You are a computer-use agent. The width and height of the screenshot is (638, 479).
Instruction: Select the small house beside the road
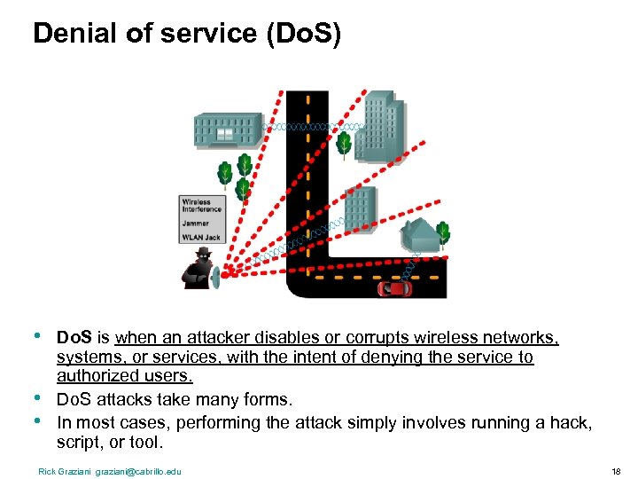(419, 234)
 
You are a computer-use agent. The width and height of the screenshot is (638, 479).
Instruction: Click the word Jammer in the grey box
(196, 224)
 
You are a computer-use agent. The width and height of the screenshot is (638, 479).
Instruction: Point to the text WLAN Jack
(201, 238)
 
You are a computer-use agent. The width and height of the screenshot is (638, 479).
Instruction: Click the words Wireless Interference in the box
(202, 206)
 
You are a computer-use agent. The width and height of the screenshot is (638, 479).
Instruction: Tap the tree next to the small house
(443, 234)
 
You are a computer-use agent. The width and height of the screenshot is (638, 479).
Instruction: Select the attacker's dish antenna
(215, 278)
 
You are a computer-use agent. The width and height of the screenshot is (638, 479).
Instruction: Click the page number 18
(616, 471)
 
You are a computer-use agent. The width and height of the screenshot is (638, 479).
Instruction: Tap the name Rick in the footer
(46, 471)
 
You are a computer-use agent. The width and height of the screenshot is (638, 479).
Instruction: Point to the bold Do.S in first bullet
(74, 338)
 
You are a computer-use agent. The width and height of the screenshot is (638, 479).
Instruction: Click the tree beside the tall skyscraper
(344, 144)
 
